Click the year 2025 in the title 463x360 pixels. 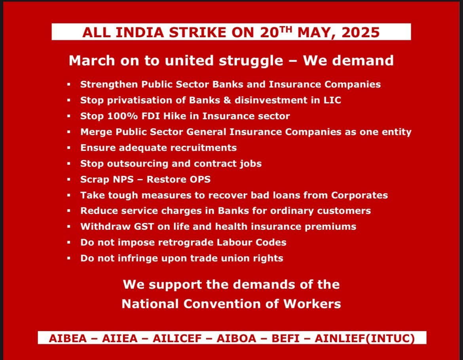(361, 32)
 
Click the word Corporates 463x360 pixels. (359, 195)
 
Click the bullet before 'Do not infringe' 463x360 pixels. (69, 258)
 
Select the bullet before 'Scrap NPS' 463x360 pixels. (69, 179)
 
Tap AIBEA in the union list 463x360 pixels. (68, 339)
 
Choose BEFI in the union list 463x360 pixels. (286, 339)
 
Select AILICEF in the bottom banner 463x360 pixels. (177, 339)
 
